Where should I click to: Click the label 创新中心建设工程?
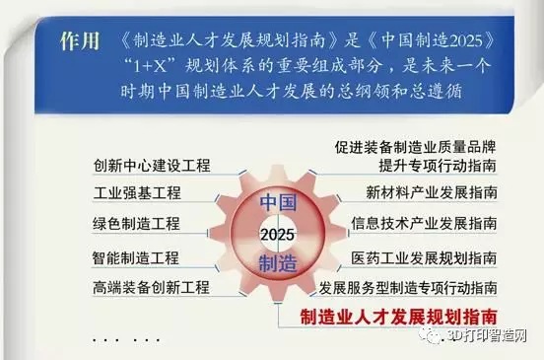(x=152, y=164)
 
